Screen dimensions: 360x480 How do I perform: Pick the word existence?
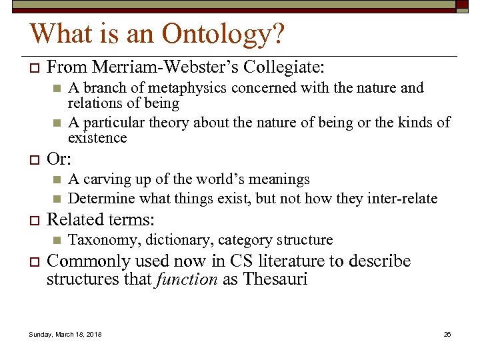coord(97,138)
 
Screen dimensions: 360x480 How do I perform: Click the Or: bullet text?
coord(59,161)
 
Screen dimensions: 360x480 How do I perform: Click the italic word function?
coord(186,279)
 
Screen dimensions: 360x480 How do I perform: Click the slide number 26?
coord(447,334)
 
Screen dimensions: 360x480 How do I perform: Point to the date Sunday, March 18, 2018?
coord(65,334)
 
